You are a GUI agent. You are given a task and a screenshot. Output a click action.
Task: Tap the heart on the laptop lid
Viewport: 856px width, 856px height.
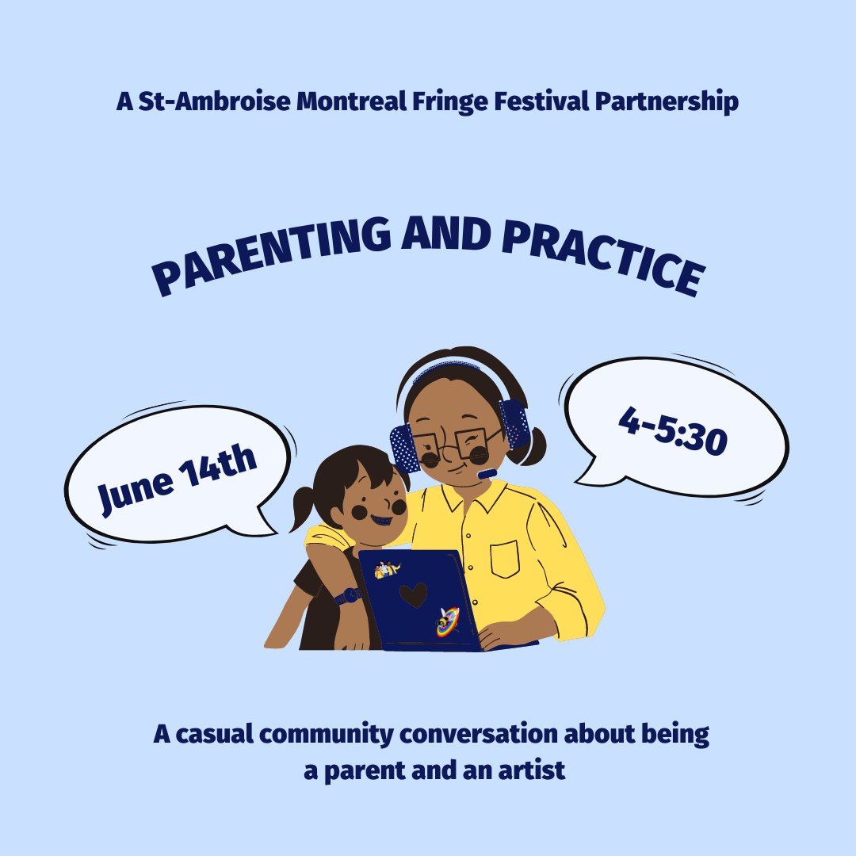pyautogui.click(x=413, y=594)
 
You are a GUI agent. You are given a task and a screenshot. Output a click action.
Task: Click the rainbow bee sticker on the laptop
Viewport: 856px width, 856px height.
pyautogui.click(x=447, y=621)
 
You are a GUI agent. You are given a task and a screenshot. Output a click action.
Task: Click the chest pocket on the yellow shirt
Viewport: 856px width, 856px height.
pyautogui.click(x=504, y=558)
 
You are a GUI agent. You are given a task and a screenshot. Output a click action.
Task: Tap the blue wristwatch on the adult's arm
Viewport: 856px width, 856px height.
pyautogui.click(x=347, y=595)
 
